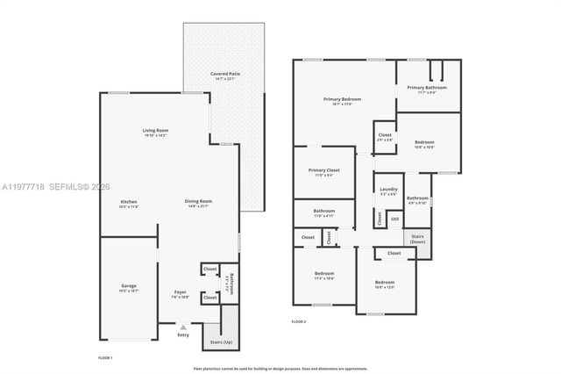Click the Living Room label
pyautogui.click(x=155, y=131)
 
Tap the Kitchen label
pyautogui.click(x=129, y=203)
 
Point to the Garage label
pyautogui.click(x=129, y=286)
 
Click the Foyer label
pyautogui.click(x=180, y=293)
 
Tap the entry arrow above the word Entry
pyautogui.click(x=182, y=326)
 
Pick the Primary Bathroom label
pyautogui.click(x=427, y=88)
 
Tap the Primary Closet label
pyautogui.click(x=323, y=170)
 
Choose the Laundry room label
pyautogui.click(x=387, y=189)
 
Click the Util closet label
pyautogui.click(x=394, y=218)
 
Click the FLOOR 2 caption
pyautogui.click(x=300, y=321)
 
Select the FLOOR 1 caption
pyautogui.click(x=106, y=358)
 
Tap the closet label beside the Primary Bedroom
pyautogui.click(x=384, y=135)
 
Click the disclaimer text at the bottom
pyautogui.click(x=280, y=369)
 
